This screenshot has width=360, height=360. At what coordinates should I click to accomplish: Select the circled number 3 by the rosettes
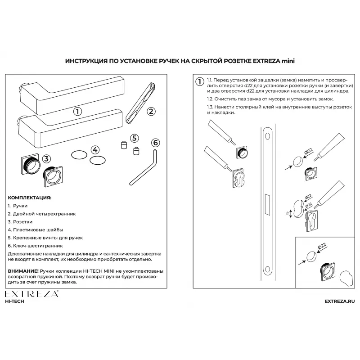point(47,158)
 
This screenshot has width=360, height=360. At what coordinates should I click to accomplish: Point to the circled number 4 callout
point(95,150)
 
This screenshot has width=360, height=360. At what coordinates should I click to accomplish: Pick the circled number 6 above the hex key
point(155,143)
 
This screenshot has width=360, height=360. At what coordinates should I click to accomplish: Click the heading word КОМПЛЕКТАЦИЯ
point(30,198)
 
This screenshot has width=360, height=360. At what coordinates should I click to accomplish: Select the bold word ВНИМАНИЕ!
point(23,271)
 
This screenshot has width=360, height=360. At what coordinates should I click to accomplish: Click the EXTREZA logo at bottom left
point(31,294)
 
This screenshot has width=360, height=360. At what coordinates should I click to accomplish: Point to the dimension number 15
point(286,213)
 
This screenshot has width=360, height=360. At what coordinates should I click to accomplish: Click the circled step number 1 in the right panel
point(199,81)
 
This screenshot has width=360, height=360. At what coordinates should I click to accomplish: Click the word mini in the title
point(288,60)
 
